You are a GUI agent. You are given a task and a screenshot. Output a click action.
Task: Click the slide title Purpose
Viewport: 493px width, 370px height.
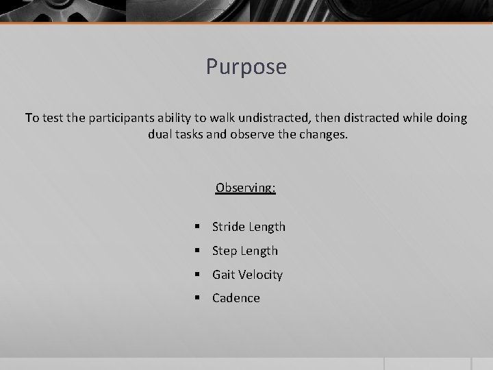pyautogui.click(x=246, y=67)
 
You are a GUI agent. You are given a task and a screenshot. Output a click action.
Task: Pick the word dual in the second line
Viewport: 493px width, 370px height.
pyautogui.click(x=160, y=134)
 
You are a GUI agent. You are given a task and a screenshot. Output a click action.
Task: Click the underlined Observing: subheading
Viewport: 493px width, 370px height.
pyautogui.click(x=246, y=187)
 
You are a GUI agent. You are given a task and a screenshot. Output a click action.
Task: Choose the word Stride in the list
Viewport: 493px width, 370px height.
pyautogui.click(x=228, y=227)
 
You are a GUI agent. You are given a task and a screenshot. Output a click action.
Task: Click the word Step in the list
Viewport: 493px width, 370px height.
pyautogui.click(x=225, y=251)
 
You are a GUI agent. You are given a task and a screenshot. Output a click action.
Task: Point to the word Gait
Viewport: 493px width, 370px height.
pyautogui.click(x=223, y=275)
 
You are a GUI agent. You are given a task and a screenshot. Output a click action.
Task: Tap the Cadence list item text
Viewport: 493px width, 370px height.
pyautogui.click(x=236, y=298)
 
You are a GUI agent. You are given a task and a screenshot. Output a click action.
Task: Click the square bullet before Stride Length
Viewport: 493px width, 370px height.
pyautogui.click(x=197, y=227)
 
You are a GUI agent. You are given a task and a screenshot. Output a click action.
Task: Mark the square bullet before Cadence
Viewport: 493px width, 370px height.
pyautogui.click(x=197, y=298)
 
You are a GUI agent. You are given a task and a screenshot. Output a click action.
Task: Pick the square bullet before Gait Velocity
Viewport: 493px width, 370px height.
pyautogui.click(x=197, y=275)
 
